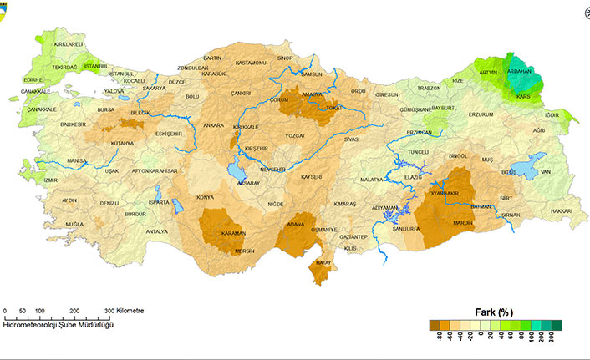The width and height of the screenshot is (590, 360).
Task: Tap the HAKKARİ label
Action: point(562,212)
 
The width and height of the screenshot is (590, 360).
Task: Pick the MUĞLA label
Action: point(74,226)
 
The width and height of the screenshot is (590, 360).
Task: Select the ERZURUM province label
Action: point(481,114)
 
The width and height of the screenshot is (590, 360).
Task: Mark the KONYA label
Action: point(205,197)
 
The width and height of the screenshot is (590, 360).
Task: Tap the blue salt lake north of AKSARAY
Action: point(235,173)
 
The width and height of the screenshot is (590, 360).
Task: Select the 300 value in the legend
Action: point(551,337)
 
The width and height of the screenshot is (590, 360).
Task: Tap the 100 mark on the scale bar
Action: point(40,311)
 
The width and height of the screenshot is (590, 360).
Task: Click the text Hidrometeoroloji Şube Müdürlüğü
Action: point(58,324)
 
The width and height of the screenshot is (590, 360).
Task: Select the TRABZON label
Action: point(429,88)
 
